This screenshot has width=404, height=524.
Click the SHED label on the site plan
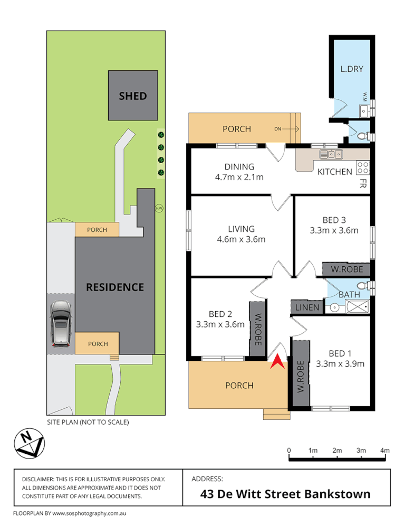point(132,96)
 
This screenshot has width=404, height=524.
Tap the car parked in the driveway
point(62,323)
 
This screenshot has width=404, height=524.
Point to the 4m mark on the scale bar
point(385,450)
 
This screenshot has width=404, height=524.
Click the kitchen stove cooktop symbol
point(363,167)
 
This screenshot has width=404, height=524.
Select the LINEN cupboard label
point(306,307)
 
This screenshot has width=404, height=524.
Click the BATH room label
point(349,294)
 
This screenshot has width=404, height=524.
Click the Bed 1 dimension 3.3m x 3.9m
point(340,363)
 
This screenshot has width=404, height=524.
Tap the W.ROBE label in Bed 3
point(345,269)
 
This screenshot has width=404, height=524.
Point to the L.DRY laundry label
point(351,69)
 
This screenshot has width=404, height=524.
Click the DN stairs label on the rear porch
point(278,129)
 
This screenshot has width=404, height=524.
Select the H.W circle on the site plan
point(159,208)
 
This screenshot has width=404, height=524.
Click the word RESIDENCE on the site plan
point(115,287)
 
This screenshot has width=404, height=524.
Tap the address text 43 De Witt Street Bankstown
point(286,494)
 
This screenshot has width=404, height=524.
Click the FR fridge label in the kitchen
point(363,184)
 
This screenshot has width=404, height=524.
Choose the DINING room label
point(239,166)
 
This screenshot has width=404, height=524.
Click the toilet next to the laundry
point(363,137)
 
